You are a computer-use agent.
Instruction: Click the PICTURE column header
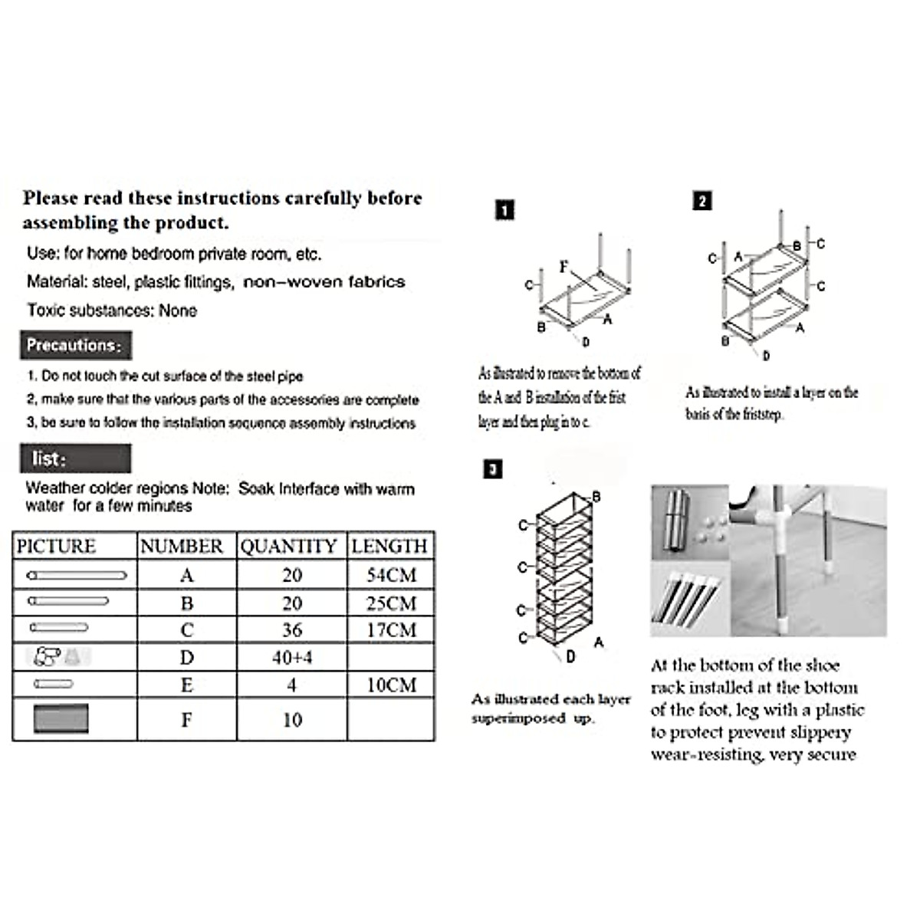tap(56, 546)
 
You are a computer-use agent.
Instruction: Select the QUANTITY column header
tap(289, 546)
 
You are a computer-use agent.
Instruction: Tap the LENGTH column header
tap(389, 546)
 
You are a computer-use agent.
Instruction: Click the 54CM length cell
tap(391, 575)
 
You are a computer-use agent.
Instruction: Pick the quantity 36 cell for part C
tap(292, 630)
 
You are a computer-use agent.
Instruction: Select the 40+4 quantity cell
tap(292, 658)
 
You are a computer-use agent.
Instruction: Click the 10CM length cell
tap(391, 685)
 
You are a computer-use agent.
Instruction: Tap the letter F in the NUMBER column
tap(186, 720)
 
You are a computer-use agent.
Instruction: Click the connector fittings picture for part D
tap(58, 657)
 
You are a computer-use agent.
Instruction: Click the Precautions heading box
tap(75, 345)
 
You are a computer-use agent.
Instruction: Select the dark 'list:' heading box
tap(75, 458)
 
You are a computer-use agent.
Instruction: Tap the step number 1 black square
tap(504, 210)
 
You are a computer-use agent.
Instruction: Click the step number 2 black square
tap(701, 201)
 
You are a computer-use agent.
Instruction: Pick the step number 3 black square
tap(493, 468)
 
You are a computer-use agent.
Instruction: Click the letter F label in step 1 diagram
tap(564, 267)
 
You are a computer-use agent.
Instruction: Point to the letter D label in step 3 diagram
tap(570, 656)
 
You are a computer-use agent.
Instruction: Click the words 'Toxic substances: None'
tap(112, 310)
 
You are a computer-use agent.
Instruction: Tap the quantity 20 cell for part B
tap(292, 603)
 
